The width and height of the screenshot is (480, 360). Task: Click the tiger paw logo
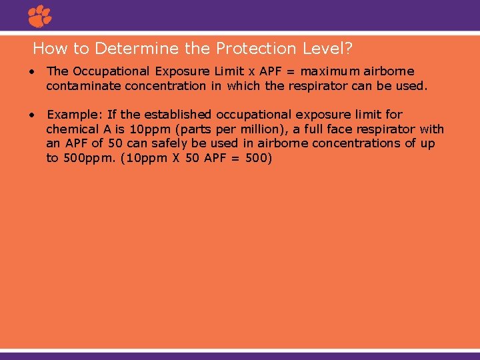tap(39, 16)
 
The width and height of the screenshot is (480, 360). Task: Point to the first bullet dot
tap(32, 71)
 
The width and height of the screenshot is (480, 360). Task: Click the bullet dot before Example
tap(32, 115)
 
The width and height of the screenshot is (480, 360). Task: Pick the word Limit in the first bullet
tap(229, 71)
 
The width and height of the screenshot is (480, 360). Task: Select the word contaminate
tap(83, 86)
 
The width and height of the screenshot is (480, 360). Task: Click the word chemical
tap(72, 129)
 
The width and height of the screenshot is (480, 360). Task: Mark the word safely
tap(165, 143)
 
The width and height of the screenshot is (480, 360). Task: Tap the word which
tap(245, 86)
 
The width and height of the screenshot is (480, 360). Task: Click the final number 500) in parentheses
tap(257, 159)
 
